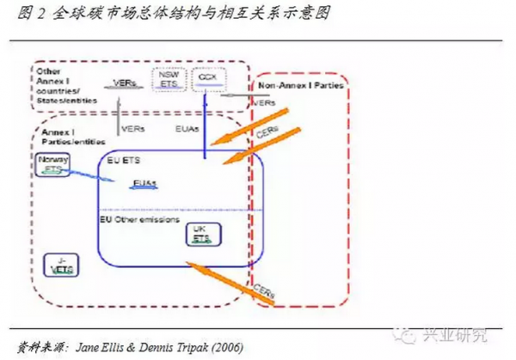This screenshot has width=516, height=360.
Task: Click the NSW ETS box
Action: (168, 80)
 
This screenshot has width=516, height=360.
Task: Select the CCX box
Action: (207, 78)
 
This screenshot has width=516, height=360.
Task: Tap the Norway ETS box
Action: (53, 165)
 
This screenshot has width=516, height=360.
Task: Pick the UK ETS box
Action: (201, 234)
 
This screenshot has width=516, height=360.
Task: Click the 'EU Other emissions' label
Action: (139, 220)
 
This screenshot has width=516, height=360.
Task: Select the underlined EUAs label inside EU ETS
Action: (144, 183)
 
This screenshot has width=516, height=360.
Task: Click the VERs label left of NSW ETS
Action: (124, 83)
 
